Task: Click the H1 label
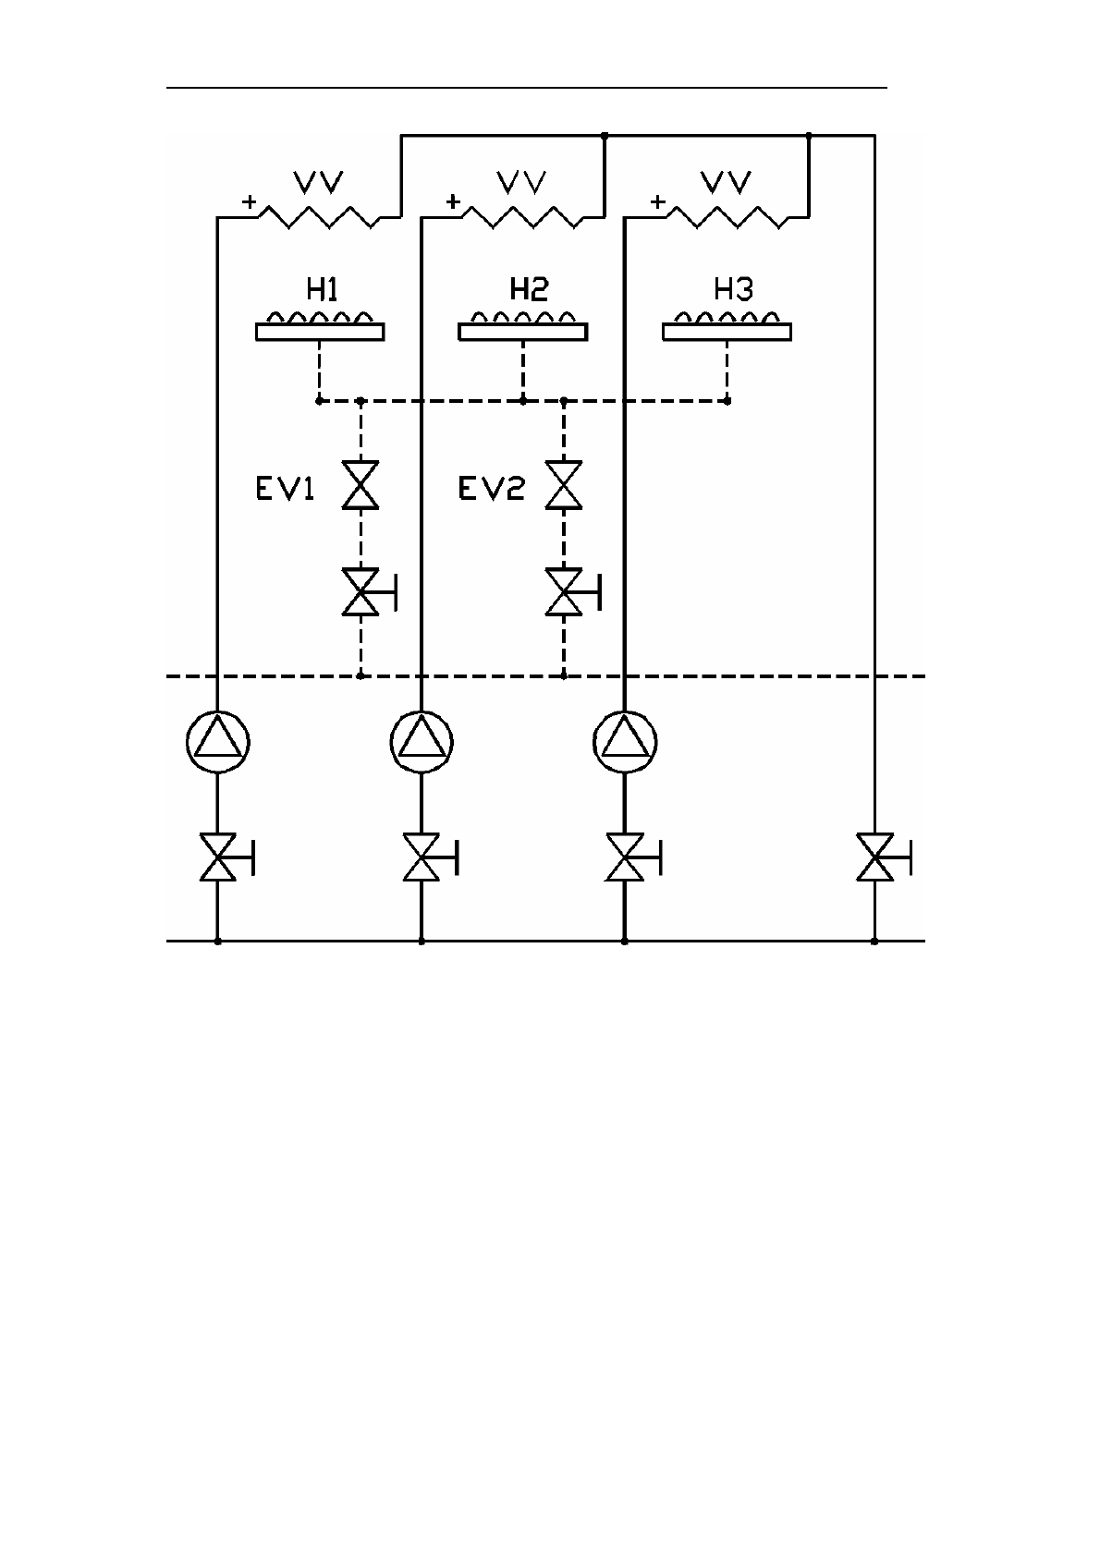pos(322,289)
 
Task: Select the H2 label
pos(529,289)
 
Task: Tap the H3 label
pos(733,289)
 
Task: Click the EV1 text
pos(285,489)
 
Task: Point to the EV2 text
pos(491,489)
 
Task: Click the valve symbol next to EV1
pos(360,485)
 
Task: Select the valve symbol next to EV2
pos(564,485)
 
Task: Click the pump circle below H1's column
pos(217,742)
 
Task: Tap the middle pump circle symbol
pos(422,742)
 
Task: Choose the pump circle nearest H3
pos(625,742)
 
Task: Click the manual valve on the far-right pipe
pos(883,857)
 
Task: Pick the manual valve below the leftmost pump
pos(227,857)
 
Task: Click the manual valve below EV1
pos(369,592)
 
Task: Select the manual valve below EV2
pos(573,592)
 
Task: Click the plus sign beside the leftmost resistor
pos(249,202)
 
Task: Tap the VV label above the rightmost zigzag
pos(726,182)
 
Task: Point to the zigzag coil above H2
pos(523,217)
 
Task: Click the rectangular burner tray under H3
pos(727,332)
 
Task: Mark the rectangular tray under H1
pos(320,332)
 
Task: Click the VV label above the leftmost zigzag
pos(318,182)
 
